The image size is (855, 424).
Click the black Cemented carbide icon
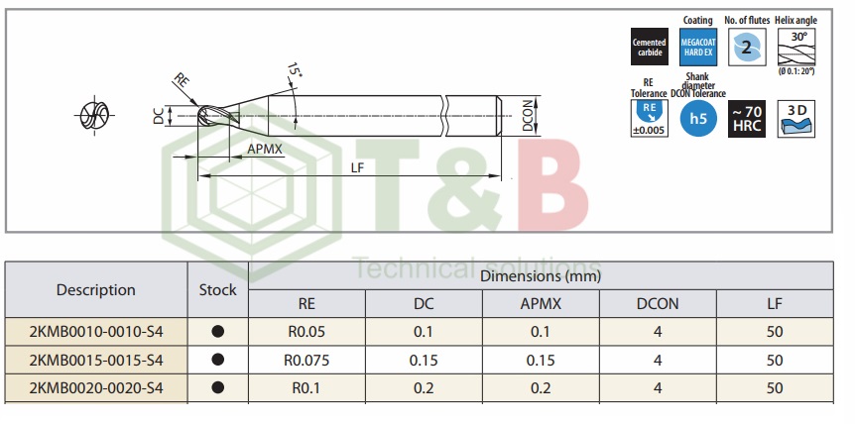(650, 47)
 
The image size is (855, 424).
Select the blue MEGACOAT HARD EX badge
(698, 47)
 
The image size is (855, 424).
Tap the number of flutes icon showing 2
(747, 47)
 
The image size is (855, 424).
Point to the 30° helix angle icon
(795, 47)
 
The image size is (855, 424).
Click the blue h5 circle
(698, 118)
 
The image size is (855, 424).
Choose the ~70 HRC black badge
(747, 119)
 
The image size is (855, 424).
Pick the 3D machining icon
(796, 119)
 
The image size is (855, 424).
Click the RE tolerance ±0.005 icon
(650, 119)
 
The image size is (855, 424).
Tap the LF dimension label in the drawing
(357, 168)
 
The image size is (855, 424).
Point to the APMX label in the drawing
(266, 149)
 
